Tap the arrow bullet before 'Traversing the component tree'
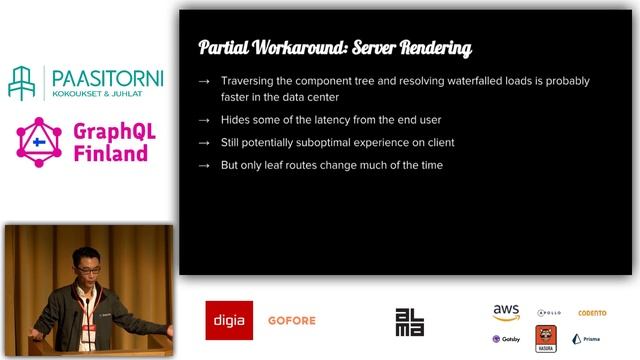204,81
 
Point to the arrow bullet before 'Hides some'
204,120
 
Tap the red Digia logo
229,320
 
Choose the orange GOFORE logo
292,321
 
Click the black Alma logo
409,321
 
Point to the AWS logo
506,312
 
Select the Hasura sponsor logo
546,337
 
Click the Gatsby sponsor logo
506,339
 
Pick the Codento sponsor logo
592,313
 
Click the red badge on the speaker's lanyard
87,300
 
